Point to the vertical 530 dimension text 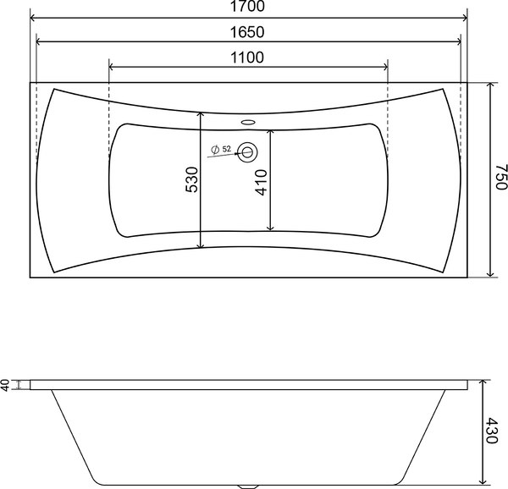[191, 180]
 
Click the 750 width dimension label [500, 180]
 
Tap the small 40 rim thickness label [6, 385]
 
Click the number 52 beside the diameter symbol [228, 149]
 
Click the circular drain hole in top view [250, 152]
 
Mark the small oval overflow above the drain [249, 121]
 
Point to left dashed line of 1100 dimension [111, 118]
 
